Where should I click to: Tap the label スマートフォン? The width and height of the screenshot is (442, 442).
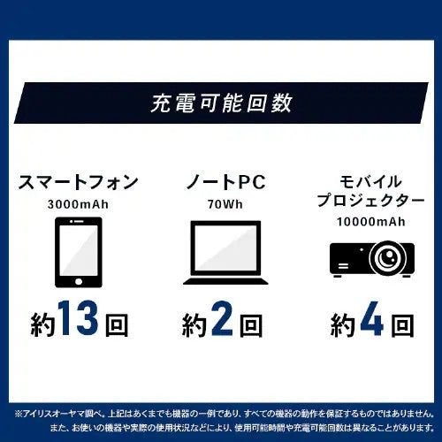[78, 184]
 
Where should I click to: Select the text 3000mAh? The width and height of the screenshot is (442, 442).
[79, 205]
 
